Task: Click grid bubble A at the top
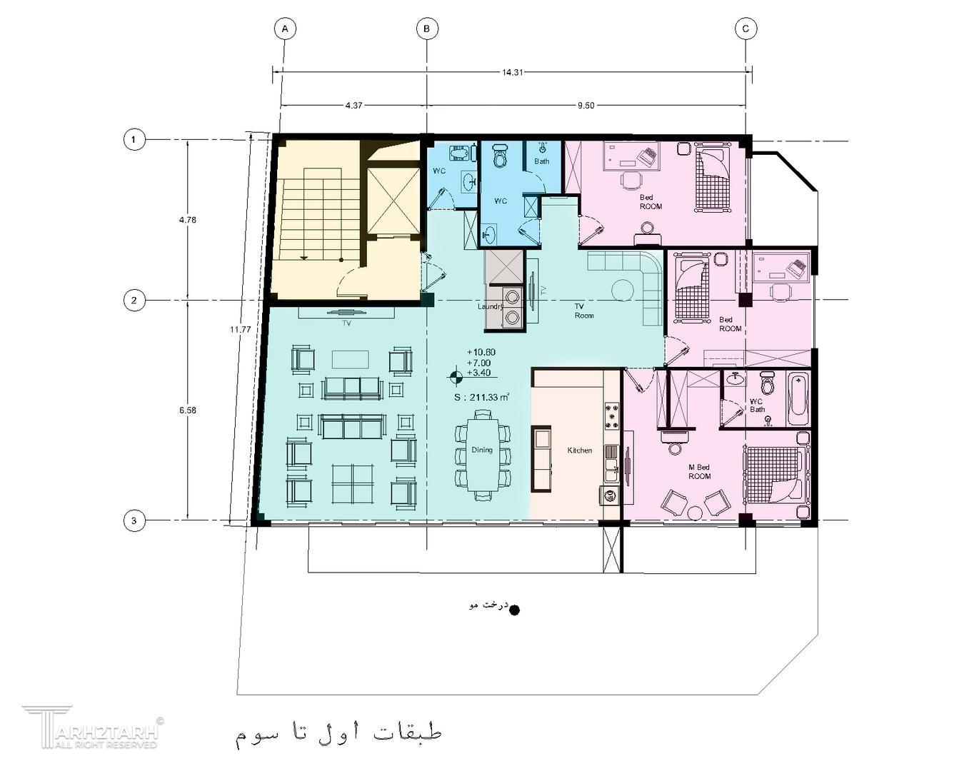285,29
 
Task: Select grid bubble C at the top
745,29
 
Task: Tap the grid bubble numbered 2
134,300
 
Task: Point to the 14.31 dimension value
513,72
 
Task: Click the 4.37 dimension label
354,105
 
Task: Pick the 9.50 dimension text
586,105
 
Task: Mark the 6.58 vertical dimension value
188,410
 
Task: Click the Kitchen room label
580,450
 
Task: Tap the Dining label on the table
481,450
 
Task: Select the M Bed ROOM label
699,472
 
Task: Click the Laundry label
491,306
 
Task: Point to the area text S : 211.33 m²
482,397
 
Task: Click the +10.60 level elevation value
481,352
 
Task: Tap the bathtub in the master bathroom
798,399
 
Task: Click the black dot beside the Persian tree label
515,610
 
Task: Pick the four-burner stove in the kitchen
613,416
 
